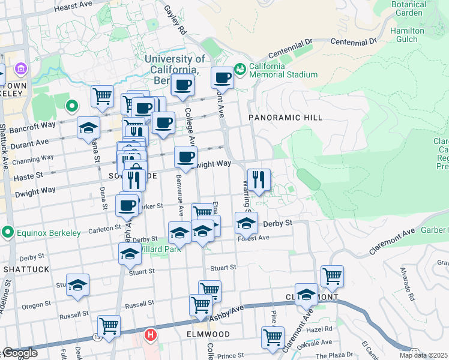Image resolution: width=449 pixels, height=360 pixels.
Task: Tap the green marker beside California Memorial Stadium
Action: tap(240, 70)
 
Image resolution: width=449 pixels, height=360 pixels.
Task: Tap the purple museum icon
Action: tap(21, 70)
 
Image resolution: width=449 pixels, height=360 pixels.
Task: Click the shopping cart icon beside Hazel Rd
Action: tap(273, 337)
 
